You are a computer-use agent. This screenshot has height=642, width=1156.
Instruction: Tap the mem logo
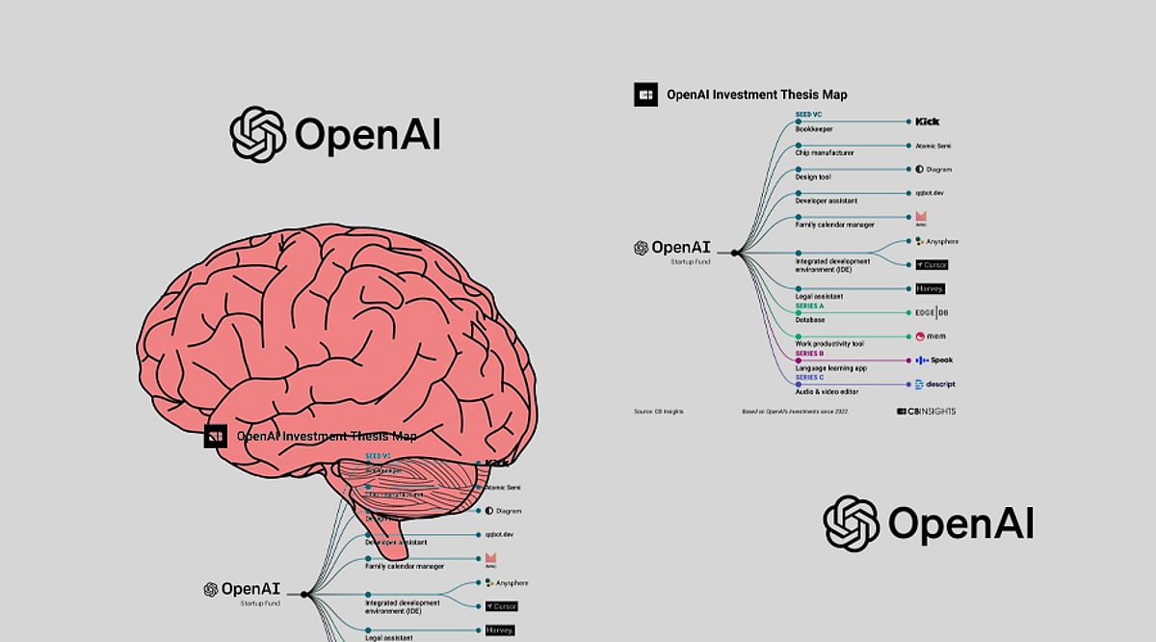[931, 336]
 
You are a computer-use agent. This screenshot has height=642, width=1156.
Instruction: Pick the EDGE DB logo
[931, 312]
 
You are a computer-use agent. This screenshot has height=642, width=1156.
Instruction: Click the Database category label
[810, 320]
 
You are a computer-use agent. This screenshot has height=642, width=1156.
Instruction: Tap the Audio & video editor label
[828, 392]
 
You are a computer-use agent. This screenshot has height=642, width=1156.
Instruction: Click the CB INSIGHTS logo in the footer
[926, 412]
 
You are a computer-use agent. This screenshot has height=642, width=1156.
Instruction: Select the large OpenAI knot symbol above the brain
[257, 134]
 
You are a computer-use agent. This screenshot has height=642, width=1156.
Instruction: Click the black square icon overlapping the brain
[216, 437]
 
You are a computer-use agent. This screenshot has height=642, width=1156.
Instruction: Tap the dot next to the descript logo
[908, 385]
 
